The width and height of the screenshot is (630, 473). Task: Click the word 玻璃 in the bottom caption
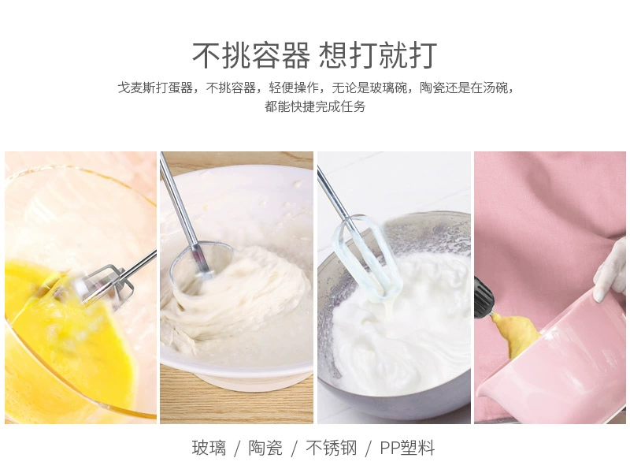coord(209,448)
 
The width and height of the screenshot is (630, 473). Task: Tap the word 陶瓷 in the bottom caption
coord(265,448)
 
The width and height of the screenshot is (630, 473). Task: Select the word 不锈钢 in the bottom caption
coord(331,448)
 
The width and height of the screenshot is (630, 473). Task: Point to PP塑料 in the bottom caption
coord(407,448)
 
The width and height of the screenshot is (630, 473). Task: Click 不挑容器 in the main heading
coord(251,54)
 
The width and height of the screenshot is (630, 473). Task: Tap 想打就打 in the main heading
coord(378,54)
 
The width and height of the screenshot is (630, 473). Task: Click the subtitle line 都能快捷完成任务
coord(315,106)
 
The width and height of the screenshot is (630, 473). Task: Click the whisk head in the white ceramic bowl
coord(201,262)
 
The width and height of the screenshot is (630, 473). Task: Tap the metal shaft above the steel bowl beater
coord(332,193)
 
